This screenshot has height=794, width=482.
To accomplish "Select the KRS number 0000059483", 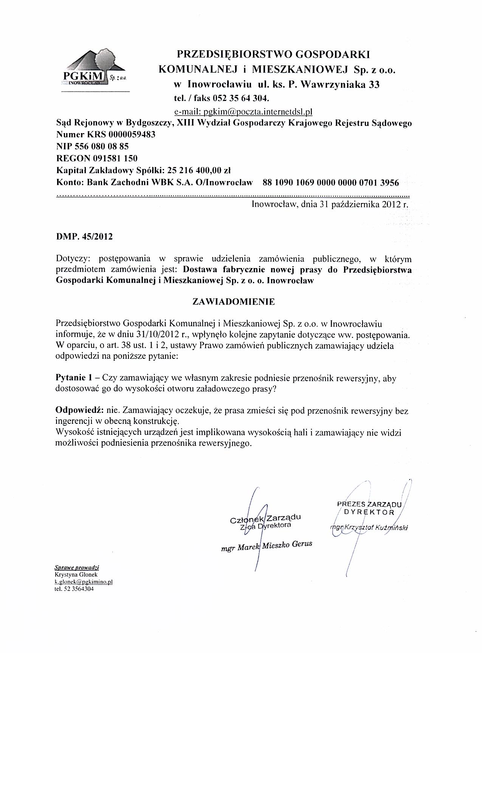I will pos(132,135).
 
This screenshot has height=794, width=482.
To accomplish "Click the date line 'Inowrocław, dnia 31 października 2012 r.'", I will pos(330,205).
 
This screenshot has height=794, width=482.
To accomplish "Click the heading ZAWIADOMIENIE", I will pos(234,302).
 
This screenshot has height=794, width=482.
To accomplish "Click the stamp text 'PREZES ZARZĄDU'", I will pos(369,504).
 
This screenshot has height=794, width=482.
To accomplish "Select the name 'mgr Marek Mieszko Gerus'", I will pos(267,546).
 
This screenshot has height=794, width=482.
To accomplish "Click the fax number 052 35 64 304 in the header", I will pos(240,99).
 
